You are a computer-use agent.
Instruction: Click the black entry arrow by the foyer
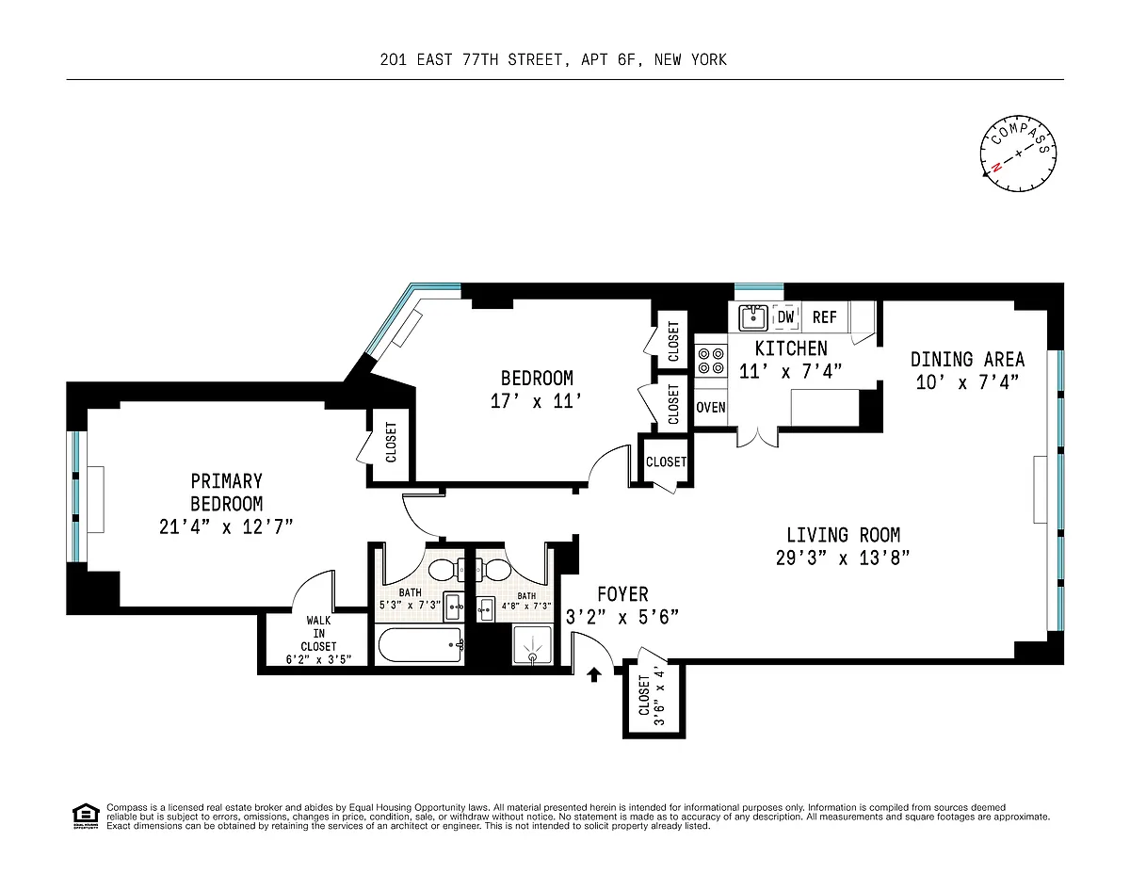(x=594, y=674)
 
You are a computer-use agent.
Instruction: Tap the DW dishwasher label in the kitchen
(x=785, y=316)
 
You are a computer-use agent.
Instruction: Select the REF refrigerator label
(x=824, y=317)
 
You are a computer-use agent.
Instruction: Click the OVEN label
(x=710, y=407)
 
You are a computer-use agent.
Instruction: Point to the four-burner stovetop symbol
(x=711, y=361)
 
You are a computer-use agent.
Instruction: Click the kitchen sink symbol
(x=752, y=317)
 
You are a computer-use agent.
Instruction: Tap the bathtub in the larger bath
(x=420, y=645)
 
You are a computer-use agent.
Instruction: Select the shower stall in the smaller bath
(x=532, y=645)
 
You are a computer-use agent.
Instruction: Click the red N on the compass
(x=996, y=167)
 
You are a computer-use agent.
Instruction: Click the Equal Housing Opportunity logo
(x=86, y=817)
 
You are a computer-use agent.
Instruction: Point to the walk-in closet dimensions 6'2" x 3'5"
(x=318, y=660)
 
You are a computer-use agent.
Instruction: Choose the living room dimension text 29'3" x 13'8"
(x=843, y=558)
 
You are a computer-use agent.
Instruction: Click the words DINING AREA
(x=967, y=359)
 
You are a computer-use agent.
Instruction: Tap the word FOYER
(x=622, y=594)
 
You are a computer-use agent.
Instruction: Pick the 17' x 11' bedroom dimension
(x=536, y=401)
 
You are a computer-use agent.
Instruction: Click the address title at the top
(x=554, y=60)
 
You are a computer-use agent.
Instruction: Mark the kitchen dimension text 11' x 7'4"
(x=790, y=371)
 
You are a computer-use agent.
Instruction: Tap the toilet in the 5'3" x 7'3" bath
(x=446, y=571)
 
